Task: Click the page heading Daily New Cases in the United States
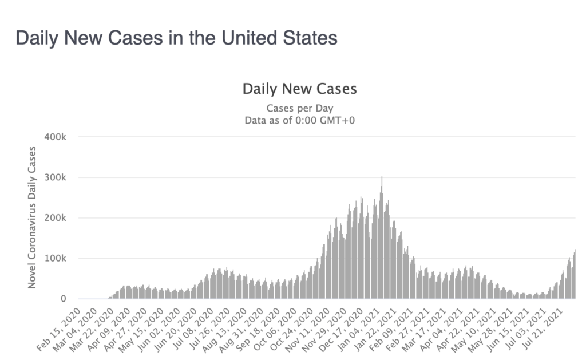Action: pyautogui.click(x=176, y=38)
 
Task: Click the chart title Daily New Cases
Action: pyautogui.click(x=299, y=89)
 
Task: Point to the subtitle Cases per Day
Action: pyautogui.click(x=299, y=108)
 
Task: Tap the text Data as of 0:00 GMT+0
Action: pyautogui.click(x=299, y=120)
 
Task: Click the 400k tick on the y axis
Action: pyautogui.click(x=56, y=137)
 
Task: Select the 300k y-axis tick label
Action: pyautogui.click(x=56, y=177)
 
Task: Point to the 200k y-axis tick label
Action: pyautogui.click(x=56, y=218)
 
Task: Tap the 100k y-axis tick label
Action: pyautogui.click(x=56, y=259)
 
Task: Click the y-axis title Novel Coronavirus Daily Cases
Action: pyautogui.click(x=33, y=217)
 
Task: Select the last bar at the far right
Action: pyautogui.click(x=575, y=275)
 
